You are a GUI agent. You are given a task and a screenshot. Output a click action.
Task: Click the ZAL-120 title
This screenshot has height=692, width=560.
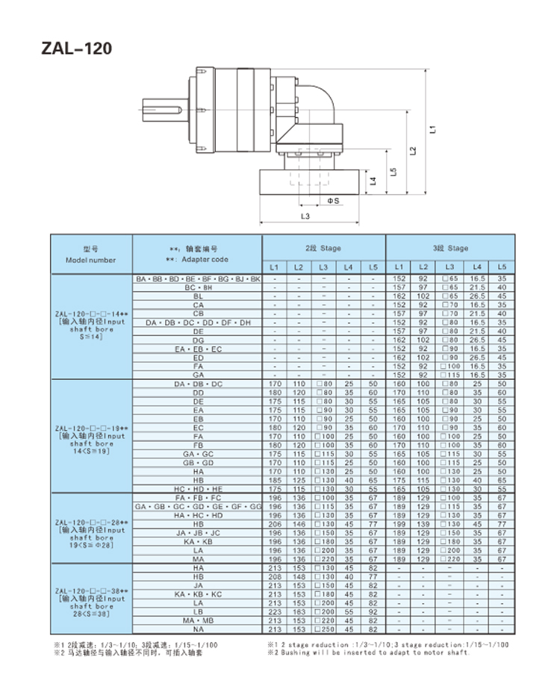click(78, 49)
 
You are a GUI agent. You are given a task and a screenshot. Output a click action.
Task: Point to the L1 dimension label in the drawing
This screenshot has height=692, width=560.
click(432, 129)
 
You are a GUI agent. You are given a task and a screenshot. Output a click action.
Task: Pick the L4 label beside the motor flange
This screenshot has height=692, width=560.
click(373, 181)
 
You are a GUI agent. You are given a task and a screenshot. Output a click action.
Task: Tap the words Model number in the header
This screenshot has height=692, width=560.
click(91, 260)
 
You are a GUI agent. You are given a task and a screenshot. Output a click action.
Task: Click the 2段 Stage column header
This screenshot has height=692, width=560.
click(323, 247)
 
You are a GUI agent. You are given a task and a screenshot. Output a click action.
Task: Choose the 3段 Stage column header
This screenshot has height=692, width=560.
click(449, 247)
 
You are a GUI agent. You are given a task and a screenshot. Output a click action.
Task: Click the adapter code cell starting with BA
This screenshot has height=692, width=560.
click(198, 278)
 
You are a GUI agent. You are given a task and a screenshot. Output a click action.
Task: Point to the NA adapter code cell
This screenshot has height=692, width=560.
click(198, 630)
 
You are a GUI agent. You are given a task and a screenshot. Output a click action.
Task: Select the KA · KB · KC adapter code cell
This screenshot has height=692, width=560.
click(198, 593)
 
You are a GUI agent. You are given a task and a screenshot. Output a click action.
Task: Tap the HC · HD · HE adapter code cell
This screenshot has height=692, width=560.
click(198, 489)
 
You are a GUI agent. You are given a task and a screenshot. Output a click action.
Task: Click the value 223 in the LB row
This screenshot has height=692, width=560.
click(274, 612)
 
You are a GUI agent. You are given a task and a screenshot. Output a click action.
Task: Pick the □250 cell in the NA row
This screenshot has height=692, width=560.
click(323, 630)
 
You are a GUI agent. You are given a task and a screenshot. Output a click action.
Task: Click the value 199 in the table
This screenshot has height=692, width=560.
click(399, 524)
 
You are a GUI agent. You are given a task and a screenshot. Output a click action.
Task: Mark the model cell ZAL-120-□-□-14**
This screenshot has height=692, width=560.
click(91, 314)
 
